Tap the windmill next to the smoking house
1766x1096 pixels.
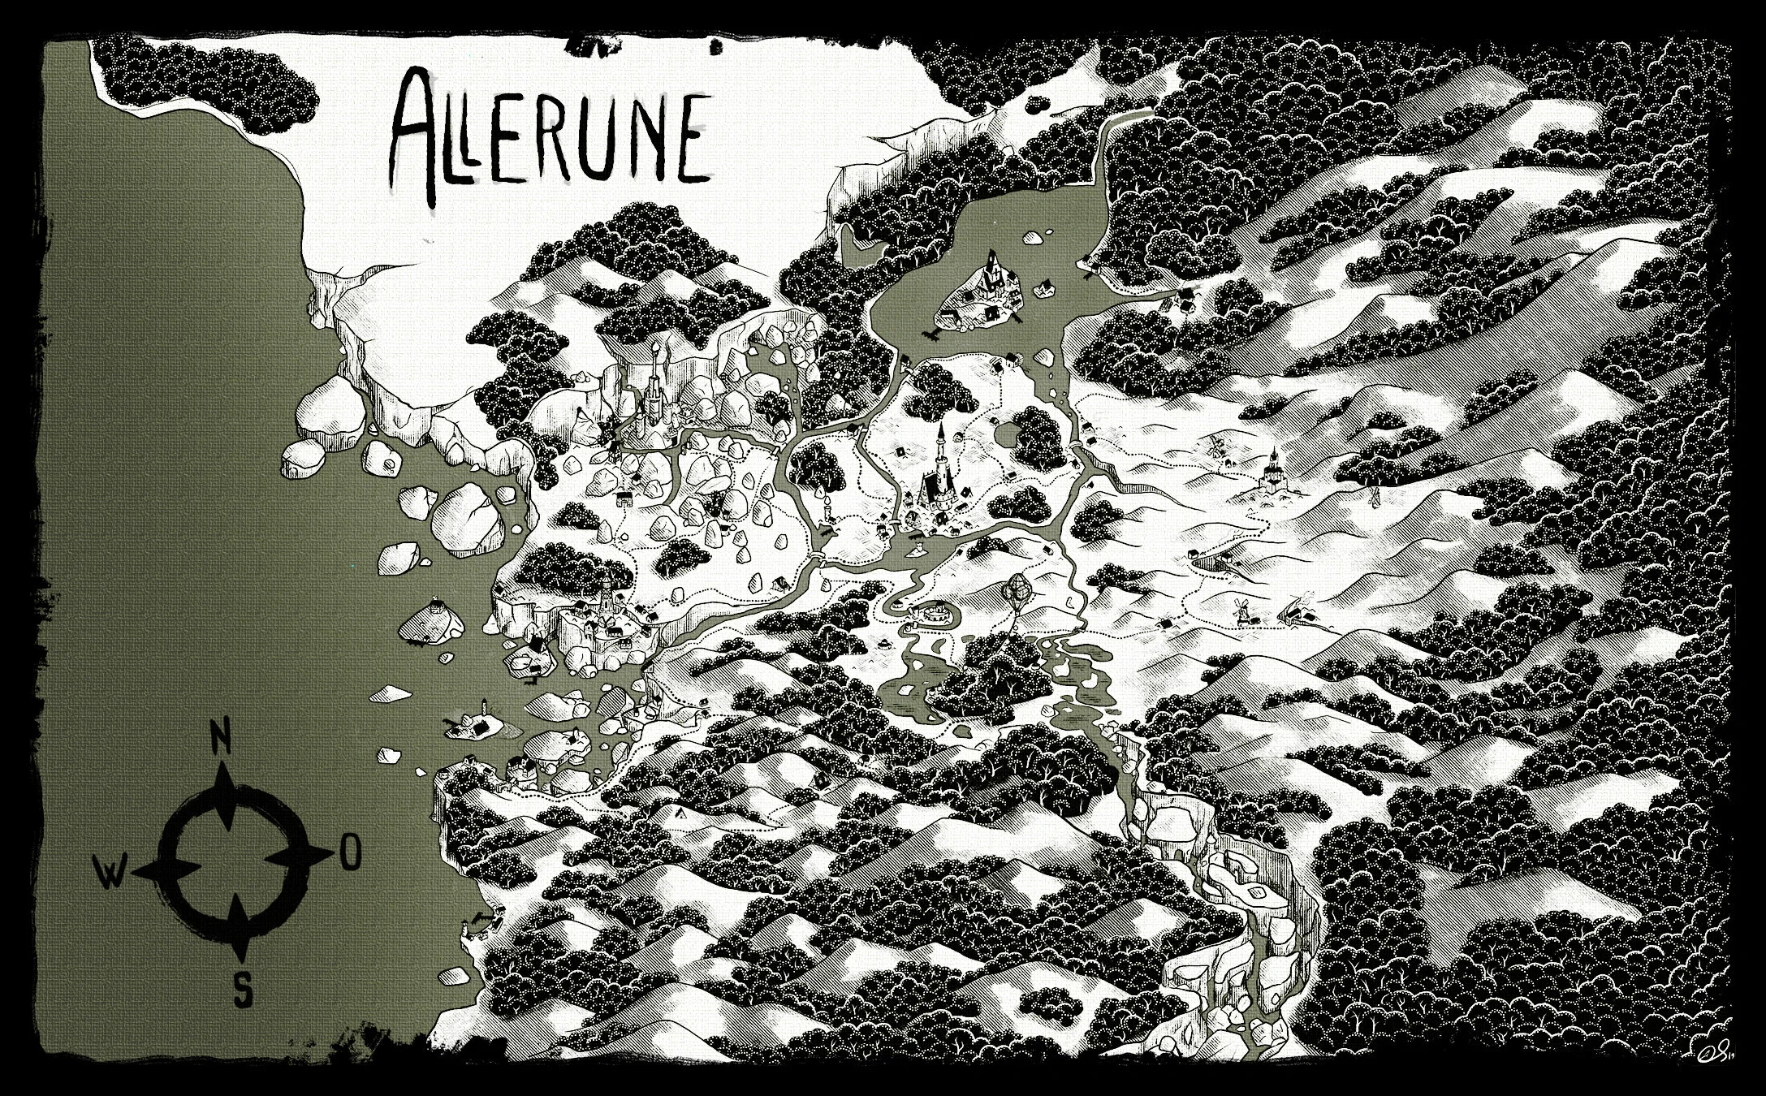1240,610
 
